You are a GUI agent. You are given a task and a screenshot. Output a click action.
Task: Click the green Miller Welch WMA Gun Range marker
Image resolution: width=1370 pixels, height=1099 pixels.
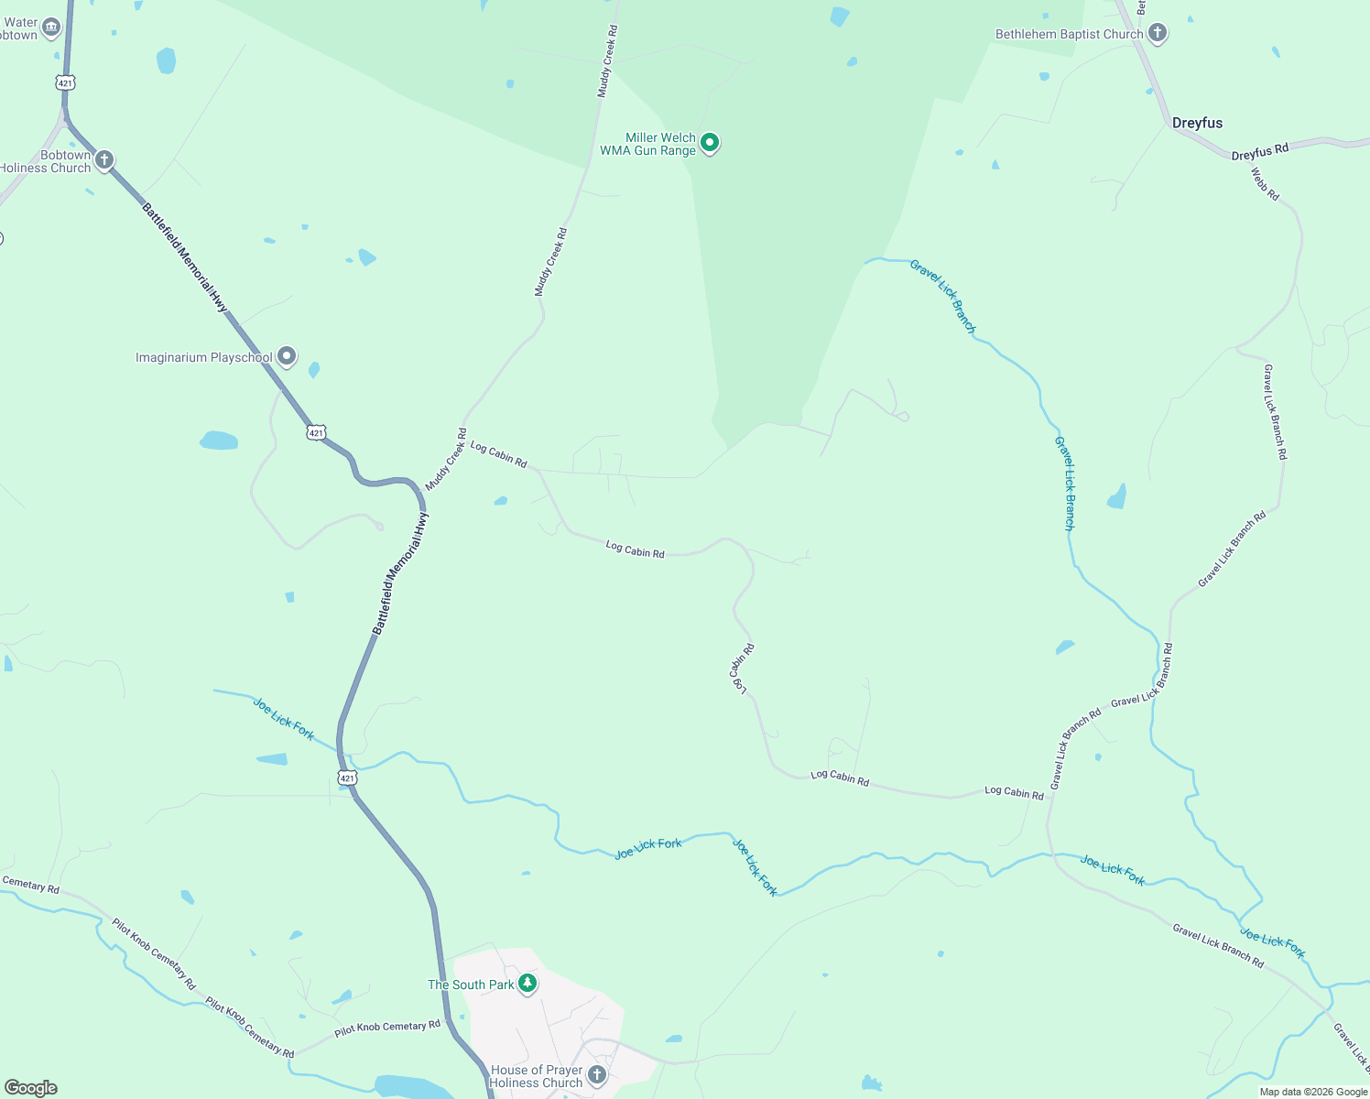(x=709, y=143)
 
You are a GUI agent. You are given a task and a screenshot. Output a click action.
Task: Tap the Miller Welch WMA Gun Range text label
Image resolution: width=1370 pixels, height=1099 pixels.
(x=648, y=144)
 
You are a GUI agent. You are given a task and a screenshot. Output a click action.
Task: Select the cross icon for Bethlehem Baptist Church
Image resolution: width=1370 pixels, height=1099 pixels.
(x=1158, y=34)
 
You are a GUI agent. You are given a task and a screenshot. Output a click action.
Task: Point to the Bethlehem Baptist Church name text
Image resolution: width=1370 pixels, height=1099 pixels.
(x=1069, y=35)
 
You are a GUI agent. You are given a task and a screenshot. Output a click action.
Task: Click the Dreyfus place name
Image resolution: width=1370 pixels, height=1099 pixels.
(x=1197, y=123)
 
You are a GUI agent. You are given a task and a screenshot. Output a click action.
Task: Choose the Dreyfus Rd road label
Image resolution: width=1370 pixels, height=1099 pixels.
(x=1259, y=152)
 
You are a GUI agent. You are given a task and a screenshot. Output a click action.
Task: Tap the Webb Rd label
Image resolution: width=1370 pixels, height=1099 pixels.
(x=1265, y=184)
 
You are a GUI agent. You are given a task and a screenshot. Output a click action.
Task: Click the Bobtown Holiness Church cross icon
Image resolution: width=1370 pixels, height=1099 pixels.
(x=104, y=160)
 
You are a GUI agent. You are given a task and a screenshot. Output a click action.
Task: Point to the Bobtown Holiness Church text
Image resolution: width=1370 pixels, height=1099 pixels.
(x=46, y=161)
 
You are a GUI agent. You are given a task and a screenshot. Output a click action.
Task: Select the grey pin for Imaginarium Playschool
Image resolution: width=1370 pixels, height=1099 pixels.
(x=287, y=356)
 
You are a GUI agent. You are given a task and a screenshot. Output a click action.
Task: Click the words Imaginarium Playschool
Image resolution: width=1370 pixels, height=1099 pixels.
(x=203, y=358)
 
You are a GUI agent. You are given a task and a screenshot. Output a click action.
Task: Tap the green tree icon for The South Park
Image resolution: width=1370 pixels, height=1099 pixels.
(x=527, y=984)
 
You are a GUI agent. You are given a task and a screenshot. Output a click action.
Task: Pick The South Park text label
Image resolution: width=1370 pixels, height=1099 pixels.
(x=471, y=985)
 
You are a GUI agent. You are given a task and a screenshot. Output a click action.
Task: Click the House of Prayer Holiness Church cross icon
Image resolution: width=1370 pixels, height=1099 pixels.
(x=597, y=1074)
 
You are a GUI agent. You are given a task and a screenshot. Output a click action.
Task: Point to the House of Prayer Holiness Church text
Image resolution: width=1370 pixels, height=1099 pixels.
(x=536, y=1076)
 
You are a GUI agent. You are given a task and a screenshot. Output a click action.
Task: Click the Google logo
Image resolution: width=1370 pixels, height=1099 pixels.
(x=30, y=1088)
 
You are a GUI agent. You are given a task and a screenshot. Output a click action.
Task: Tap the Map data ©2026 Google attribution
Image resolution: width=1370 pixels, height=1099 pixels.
(x=1313, y=1092)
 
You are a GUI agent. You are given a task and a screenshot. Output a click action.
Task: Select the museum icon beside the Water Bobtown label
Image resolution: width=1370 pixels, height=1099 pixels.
(x=51, y=28)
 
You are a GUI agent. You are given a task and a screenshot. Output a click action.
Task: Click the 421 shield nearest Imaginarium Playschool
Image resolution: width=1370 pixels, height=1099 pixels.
(x=316, y=432)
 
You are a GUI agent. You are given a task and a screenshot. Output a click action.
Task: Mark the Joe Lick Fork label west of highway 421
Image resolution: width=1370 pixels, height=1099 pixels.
(x=284, y=719)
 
